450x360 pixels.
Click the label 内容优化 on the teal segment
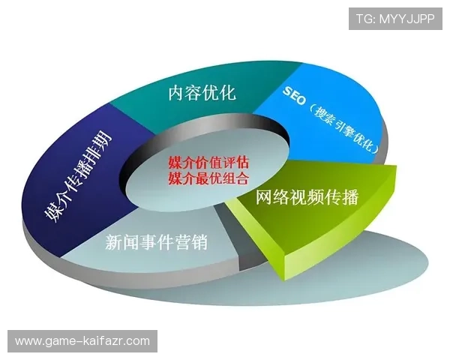[x=202, y=93]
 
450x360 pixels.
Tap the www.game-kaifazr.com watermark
[x=83, y=341]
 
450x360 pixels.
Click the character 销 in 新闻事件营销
[x=198, y=243]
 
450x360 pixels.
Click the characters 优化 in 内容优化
[x=219, y=93]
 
